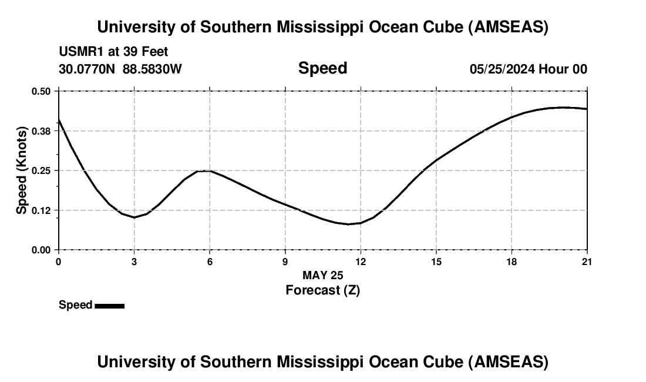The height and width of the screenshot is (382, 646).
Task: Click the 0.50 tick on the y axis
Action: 42,91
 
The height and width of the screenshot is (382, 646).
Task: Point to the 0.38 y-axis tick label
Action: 42,130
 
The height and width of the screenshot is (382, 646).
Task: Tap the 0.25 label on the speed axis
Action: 42,170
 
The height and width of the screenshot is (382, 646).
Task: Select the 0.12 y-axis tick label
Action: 42,210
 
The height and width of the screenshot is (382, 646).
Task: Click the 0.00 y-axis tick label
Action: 42,250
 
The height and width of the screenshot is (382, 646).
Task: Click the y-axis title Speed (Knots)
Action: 22,170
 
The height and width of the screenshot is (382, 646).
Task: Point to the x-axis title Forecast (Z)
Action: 322,290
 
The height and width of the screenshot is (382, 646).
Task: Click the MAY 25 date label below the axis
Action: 322,275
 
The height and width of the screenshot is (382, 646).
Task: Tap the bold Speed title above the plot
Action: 322,68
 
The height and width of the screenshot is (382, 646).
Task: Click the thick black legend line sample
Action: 109,306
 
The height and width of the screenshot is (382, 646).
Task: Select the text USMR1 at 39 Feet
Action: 113,52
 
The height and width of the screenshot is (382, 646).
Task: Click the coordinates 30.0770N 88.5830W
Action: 120,69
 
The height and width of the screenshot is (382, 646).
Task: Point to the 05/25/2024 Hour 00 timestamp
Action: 528,69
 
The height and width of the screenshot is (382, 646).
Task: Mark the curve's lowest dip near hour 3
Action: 134,217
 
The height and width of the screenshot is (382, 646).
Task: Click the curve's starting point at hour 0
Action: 59,120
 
